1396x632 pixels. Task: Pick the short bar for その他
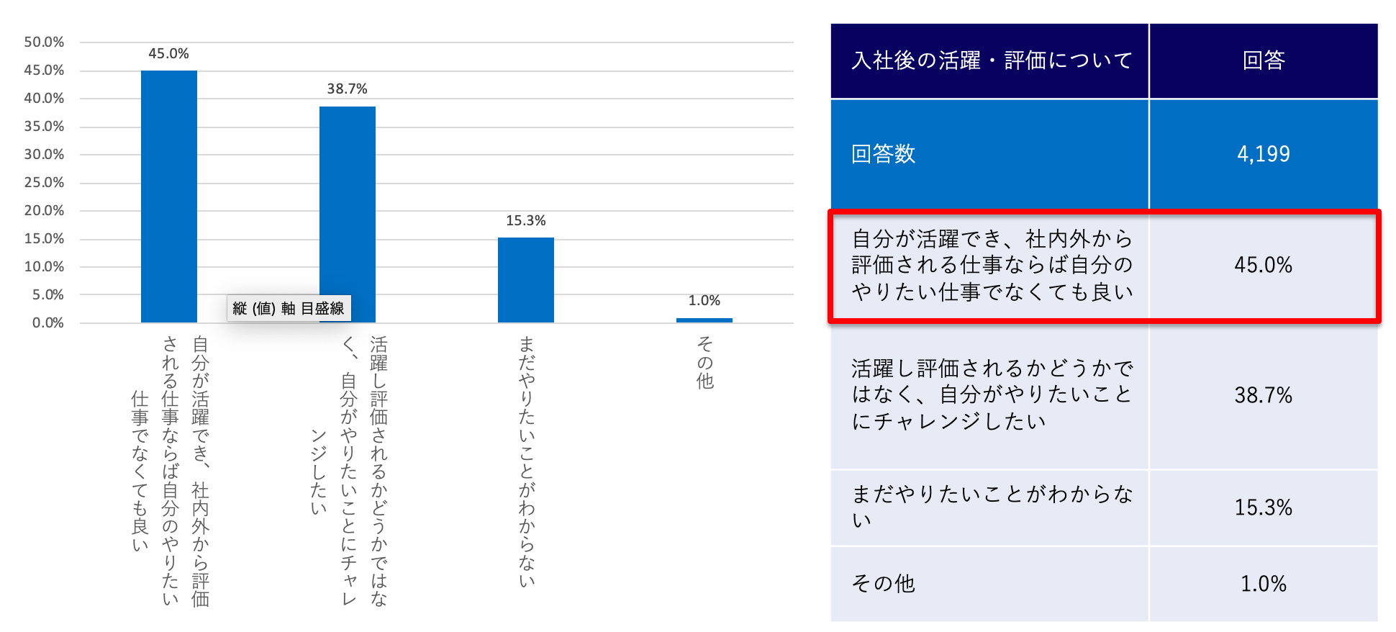[704, 320]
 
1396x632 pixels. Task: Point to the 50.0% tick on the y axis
[44, 42]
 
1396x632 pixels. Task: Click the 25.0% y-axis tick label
[44, 183]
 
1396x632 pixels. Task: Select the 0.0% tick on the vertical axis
[47, 323]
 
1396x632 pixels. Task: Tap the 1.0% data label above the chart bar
[704, 301]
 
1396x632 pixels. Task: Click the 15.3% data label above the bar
[525, 221]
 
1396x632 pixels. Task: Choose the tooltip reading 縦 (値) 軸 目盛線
[289, 308]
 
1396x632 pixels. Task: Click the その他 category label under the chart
[704, 362]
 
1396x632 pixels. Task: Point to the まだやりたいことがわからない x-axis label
[526, 461]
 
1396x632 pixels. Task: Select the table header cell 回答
[1263, 60]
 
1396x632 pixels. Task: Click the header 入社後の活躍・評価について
[991, 60]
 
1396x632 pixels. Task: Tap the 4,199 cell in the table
[1263, 154]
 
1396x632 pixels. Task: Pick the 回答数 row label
[883, 154]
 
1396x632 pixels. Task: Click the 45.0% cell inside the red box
[1263, 265]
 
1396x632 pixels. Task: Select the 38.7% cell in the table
[1263, 395]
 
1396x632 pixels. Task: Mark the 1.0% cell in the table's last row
[1263, 584]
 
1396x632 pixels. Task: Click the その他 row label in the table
[883, 584]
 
